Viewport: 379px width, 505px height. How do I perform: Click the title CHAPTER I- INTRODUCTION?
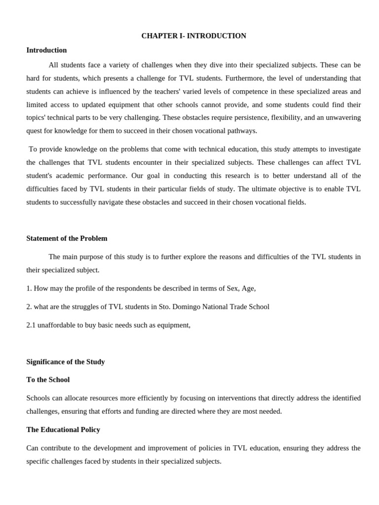click(x=193, y=36)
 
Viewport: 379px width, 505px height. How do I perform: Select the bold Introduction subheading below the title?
click(x=46, y=50)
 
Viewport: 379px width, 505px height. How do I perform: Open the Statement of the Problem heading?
click(x=67, y=238)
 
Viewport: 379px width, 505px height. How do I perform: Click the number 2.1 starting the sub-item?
click(x=31, y=325)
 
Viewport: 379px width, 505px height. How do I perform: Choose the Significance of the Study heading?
click(x=66, y=361)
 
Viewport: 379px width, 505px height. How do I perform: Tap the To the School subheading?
click(x=48, y=380)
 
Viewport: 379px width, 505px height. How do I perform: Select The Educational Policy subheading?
click(x=63, y=430)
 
